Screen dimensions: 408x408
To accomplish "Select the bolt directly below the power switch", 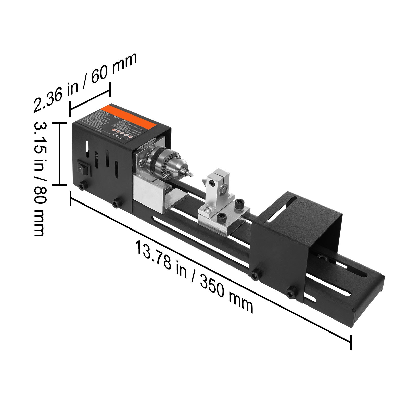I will click(x=82, y=185).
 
